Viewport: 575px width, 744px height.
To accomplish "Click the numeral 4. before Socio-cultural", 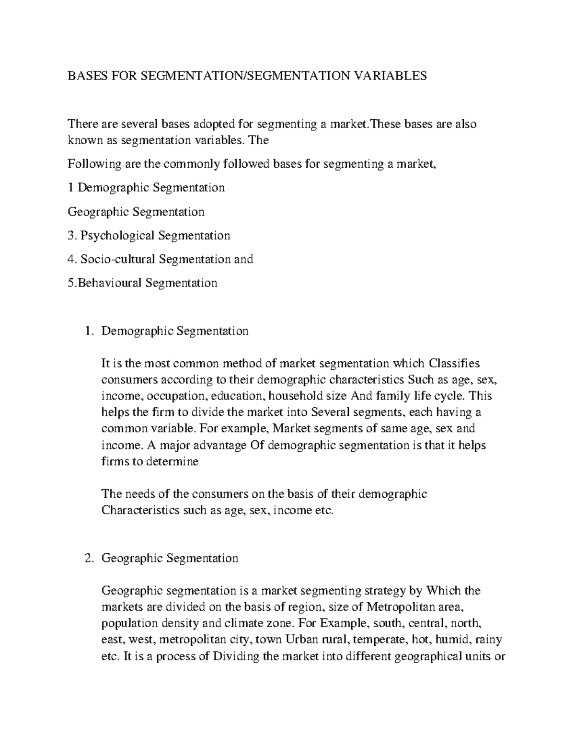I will click(72, 259).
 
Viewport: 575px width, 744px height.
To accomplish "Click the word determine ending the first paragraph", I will click(172, 462).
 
